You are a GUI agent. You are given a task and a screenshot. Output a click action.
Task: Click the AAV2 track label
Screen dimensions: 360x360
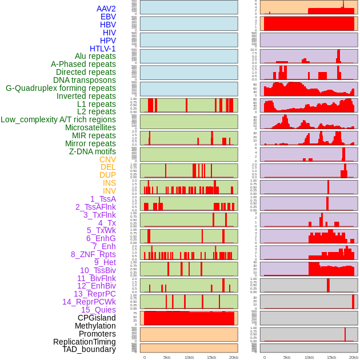106,9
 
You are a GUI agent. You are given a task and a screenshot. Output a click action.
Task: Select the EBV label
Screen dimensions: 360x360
108,17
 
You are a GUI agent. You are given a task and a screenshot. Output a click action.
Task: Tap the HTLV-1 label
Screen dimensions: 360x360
103,49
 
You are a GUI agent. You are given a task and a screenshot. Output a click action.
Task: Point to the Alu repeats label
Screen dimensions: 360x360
95,56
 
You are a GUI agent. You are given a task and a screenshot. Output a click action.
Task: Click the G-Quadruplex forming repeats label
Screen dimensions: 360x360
61,88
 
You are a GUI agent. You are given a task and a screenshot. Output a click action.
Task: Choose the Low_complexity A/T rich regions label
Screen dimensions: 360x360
58,119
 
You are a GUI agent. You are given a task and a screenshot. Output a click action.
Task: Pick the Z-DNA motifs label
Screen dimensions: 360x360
93,151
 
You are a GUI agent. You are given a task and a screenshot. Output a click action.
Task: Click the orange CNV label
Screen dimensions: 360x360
107,159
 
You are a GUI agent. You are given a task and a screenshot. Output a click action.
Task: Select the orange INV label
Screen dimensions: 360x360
109,191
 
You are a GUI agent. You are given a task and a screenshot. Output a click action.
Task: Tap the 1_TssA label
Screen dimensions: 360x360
103,199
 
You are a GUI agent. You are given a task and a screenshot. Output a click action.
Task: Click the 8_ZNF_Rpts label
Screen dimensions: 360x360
93,254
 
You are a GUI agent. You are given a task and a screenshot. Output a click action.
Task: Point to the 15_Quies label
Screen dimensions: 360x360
98,309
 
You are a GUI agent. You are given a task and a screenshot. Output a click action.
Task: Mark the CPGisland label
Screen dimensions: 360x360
97,318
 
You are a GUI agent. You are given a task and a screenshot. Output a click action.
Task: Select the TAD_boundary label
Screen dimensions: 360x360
89,349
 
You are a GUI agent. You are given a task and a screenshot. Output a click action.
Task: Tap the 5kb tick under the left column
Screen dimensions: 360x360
167,357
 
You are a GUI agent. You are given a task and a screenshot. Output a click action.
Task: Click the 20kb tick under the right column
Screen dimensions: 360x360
354,357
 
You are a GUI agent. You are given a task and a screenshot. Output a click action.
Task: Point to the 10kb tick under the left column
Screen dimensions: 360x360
189,357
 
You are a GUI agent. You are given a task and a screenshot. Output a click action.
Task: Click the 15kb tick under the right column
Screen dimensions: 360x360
331,357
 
